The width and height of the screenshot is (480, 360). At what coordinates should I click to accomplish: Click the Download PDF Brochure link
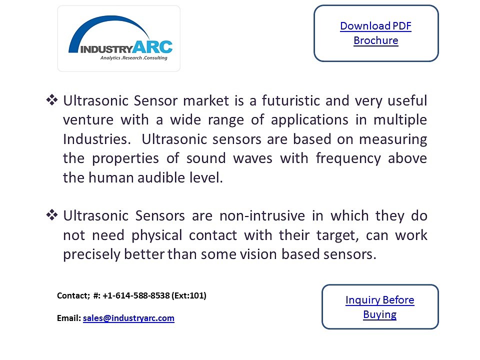376,33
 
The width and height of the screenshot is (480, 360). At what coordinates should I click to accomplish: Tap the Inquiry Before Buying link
380,307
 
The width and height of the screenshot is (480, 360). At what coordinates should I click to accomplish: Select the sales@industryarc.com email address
128,318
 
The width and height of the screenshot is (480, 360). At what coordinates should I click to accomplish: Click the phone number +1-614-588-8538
136,295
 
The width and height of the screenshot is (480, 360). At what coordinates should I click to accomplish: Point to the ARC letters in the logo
153,47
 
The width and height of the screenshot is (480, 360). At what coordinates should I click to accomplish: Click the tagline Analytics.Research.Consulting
134,58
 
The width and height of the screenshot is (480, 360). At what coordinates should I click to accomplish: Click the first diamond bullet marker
51,100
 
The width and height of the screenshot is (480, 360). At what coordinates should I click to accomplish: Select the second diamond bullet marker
51,215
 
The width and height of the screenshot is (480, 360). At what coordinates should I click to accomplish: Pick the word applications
309,120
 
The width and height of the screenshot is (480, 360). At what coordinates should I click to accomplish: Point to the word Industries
96,139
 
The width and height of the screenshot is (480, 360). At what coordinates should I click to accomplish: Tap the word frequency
348,159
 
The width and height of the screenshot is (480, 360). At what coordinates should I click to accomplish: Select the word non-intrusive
262,216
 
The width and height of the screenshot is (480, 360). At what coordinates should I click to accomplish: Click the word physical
156,235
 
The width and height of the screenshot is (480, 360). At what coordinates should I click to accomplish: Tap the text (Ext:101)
189,295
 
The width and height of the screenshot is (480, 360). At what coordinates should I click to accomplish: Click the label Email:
69,318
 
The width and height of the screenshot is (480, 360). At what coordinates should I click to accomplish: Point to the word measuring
393,139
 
